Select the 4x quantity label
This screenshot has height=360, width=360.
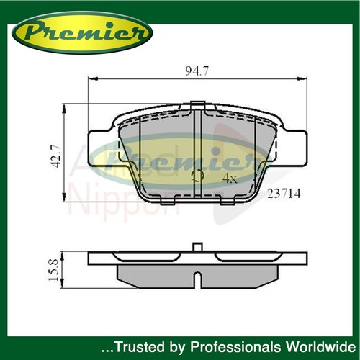(230, 177)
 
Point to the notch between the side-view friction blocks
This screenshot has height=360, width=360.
(197, 277)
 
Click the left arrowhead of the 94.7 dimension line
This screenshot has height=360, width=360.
(90, 80)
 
